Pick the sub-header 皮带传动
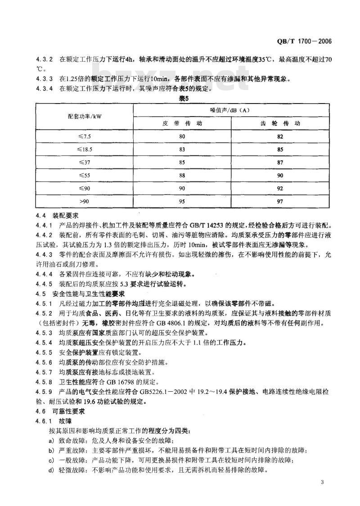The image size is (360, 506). coord(182,122)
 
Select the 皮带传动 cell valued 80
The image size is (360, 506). coord(182,136)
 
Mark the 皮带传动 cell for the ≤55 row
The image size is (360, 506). coord(182,175)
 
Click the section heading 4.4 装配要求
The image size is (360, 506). coord(57,216)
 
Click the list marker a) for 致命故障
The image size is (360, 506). coord(52,440)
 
